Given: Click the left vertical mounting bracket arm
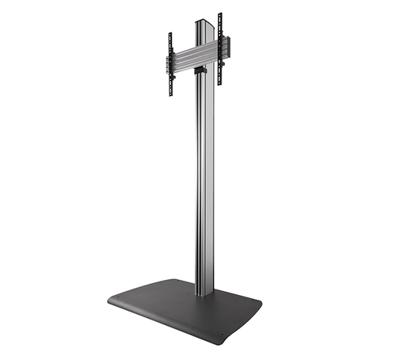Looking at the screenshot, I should [x=169, y=63].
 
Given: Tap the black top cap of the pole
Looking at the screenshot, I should [x=205, y=22].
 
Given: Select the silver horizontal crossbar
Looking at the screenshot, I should [x=194, y=56].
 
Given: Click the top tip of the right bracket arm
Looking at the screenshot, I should [x=220, y=14].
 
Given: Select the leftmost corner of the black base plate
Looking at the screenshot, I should [x=109, y=301].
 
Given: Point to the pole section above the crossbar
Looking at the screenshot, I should [x=205, y=32].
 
